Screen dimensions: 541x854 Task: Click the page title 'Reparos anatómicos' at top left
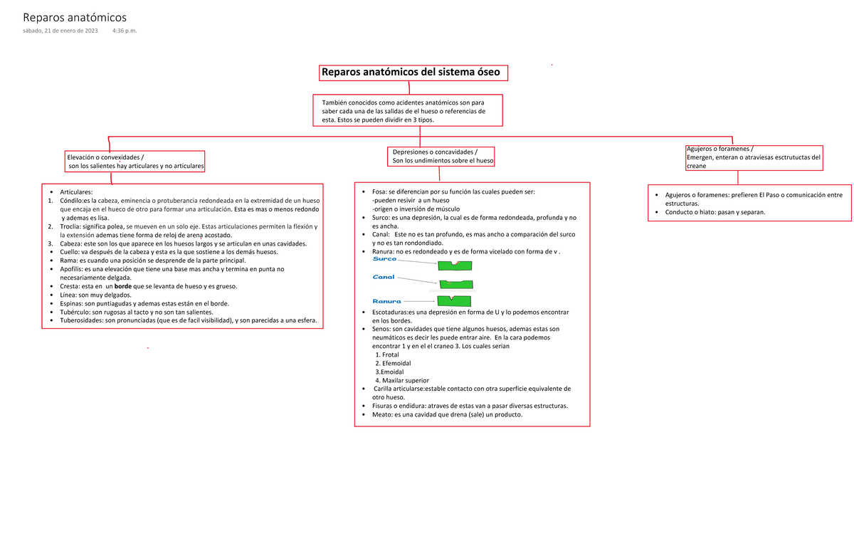[x=75, y=17]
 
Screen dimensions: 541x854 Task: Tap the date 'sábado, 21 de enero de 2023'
[x=60, y=31]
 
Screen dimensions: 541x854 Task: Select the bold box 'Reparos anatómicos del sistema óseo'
[x=414, y=73]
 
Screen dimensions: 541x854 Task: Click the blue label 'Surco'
[x=384, y=259]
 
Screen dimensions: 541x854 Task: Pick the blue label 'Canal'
[x=384, y=277]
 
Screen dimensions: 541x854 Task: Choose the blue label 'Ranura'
[x=386, y=300]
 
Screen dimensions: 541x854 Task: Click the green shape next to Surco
[x=455, y=266]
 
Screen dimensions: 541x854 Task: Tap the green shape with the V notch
[x=455, y=300]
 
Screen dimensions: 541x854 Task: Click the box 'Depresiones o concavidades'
[x=441, y=156]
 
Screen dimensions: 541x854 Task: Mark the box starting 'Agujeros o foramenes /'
[x=753, y=157]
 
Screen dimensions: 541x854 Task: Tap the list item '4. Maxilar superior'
[x=402, y=380]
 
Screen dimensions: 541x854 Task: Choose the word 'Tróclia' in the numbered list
[x=72, y=226]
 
